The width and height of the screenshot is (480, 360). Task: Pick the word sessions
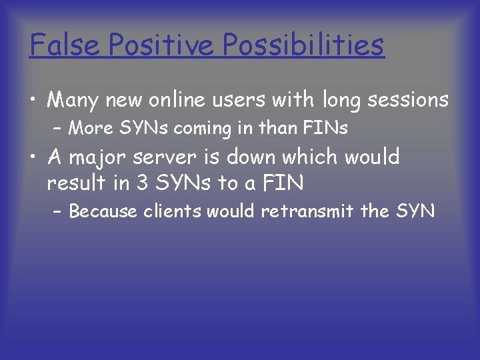pyautogui.click(x=409, y=100)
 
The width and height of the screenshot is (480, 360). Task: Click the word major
pyautogui.click(x=105, y=158)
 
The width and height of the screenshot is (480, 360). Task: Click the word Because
pyautogui.click(x=103, y=212)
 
